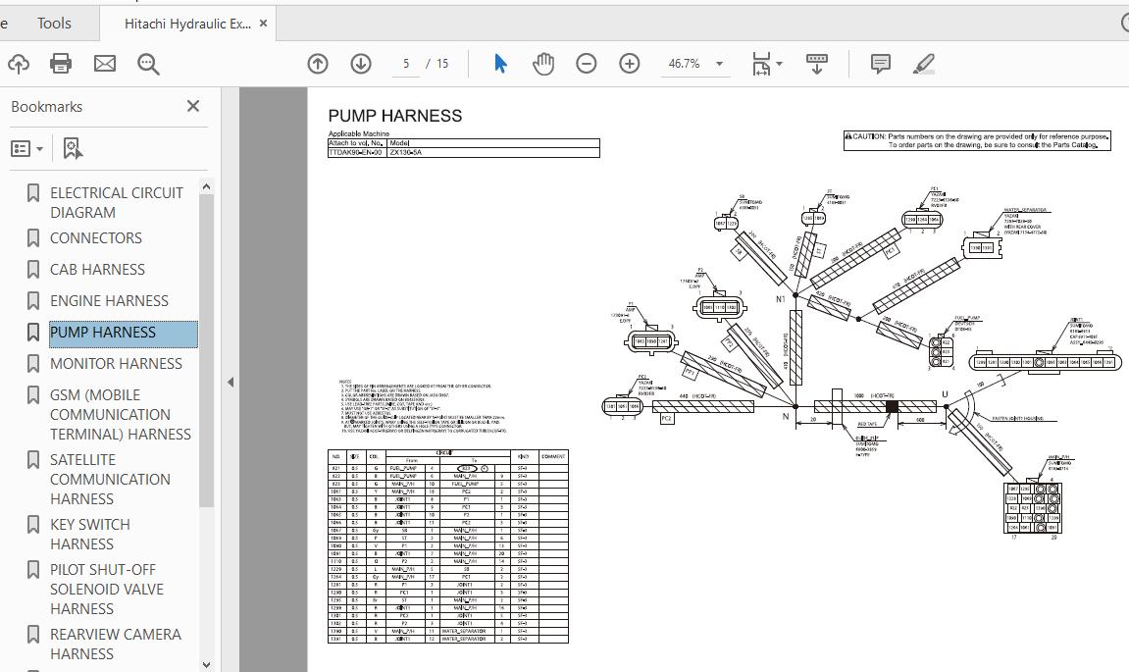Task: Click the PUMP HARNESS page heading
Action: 394,116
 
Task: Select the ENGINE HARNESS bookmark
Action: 109,301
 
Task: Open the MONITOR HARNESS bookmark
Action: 116,364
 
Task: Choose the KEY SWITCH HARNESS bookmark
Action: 90,534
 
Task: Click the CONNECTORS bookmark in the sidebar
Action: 96,238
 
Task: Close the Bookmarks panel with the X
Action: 193,106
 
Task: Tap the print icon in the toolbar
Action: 61,64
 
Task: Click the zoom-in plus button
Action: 630,64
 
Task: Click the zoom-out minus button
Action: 587,64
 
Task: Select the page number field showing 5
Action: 405,64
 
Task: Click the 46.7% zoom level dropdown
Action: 695,64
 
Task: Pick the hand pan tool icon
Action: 543,64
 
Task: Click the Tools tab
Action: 54,23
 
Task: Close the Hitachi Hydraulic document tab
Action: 263,23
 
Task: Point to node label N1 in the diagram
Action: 781,299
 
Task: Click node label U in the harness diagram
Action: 946,394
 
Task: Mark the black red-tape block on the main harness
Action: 892,406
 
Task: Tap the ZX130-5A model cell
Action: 406,153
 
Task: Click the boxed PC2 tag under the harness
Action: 667,419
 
